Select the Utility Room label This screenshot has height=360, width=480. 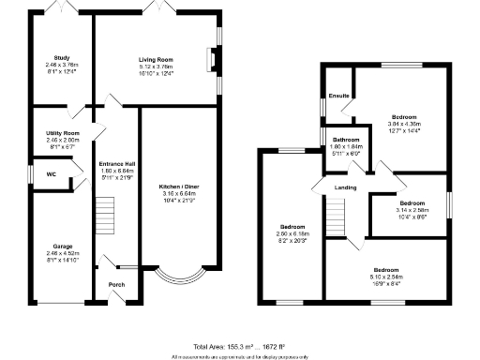tap(63, 134)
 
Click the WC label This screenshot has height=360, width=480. tap(52, 173)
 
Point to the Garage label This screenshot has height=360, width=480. tap(63, 246)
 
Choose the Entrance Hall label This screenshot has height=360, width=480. tap(117, 165)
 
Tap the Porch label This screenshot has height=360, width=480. tap(117, 285)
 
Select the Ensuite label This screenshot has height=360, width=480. tap(338, 95)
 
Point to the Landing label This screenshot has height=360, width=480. tap(345, 188)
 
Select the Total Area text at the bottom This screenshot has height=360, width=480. tap(239, 346)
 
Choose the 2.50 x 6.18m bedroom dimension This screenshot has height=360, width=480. tap(293, 233)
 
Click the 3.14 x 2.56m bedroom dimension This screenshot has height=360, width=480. tap(412, 210)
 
